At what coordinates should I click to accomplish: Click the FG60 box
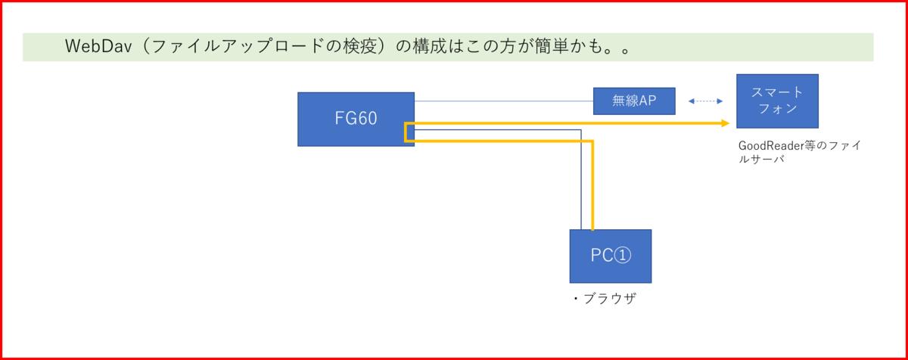tap(356, 119)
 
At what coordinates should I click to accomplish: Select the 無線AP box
tap(634, 101)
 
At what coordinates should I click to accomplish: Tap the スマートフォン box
tap(777, 101)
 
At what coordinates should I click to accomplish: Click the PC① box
tap(610, 256)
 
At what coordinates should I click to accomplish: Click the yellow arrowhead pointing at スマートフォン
tap(725, 123)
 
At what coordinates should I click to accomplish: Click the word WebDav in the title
tap(97, 47)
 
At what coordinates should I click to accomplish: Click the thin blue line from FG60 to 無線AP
tap(503, 101)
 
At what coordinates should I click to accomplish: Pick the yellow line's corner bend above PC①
tap(592, 141)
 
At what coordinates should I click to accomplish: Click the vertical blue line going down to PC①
tap(581, 182)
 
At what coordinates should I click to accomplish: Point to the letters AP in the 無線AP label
tap(648, 101)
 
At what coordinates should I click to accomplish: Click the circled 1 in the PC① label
tap(620, 256)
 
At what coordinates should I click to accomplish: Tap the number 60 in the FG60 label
tap(367, 119)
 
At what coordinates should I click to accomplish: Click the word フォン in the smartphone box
tap(777, 109)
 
